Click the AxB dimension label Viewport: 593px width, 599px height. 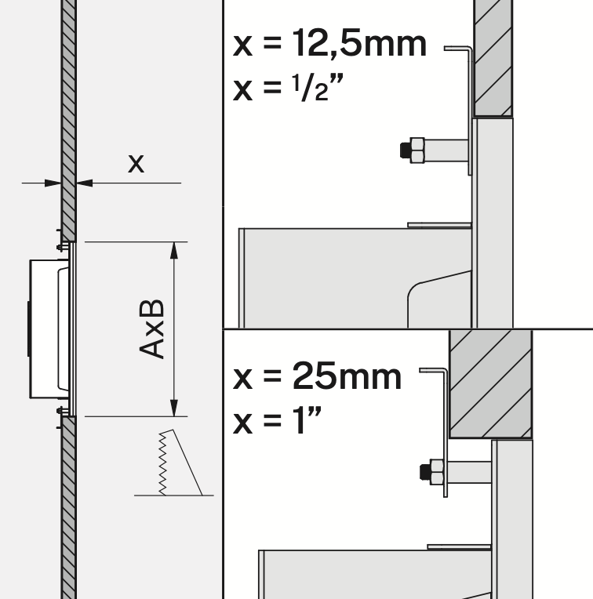coord(153,329)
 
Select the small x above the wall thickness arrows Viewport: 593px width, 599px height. coord(136,164)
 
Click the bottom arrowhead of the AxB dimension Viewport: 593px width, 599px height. coord(174,409)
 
